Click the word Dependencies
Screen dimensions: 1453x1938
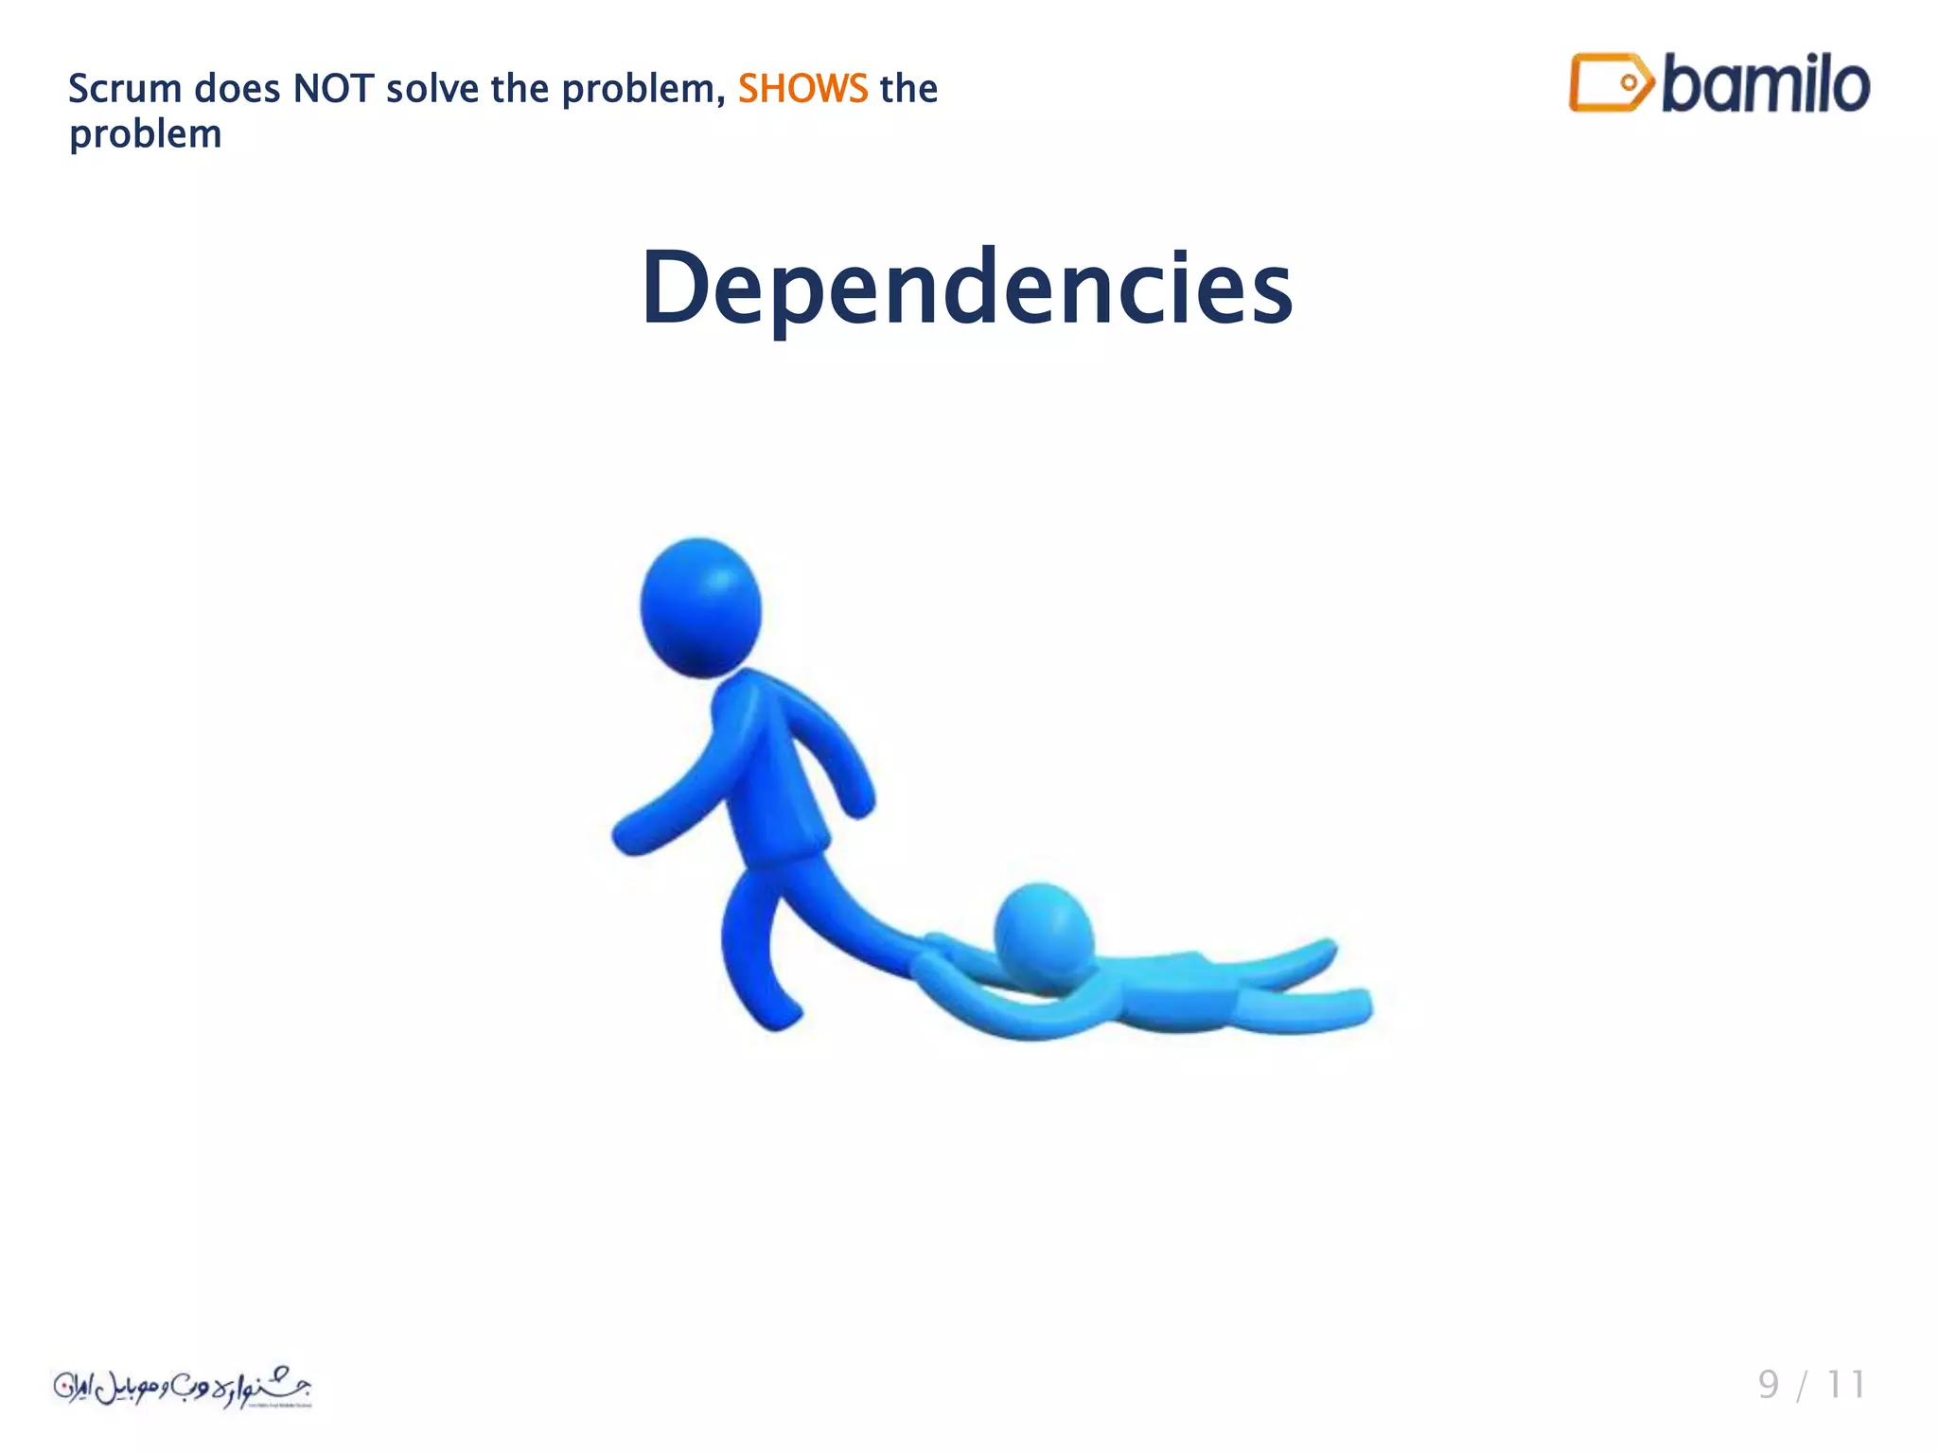click(967, 289)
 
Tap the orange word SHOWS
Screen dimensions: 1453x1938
click(802, 89)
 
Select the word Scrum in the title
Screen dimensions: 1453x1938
click(125, 89)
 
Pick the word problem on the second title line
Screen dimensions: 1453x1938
click(146, 134)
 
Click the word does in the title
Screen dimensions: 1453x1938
click(237, 89)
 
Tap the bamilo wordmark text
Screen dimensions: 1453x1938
click(1765, 84)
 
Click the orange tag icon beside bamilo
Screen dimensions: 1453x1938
click(1610, 83)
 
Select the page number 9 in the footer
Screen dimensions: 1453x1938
click(1768, 1385)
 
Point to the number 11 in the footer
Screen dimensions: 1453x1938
click(1845, 1385)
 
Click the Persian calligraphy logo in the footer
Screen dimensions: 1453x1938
click(182, 1388)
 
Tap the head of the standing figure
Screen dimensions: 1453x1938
click(700, 607)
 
